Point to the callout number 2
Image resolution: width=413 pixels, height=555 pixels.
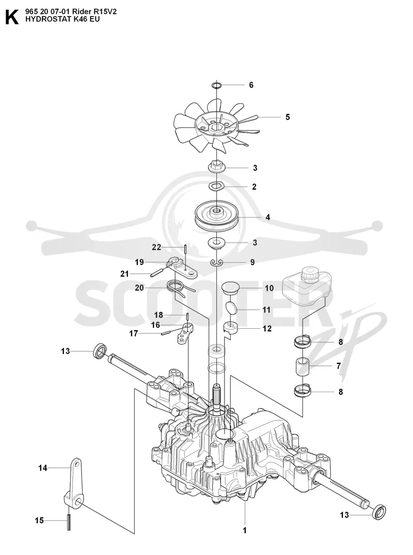pos(254,187)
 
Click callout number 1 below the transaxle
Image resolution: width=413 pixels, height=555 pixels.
pos(245,530)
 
